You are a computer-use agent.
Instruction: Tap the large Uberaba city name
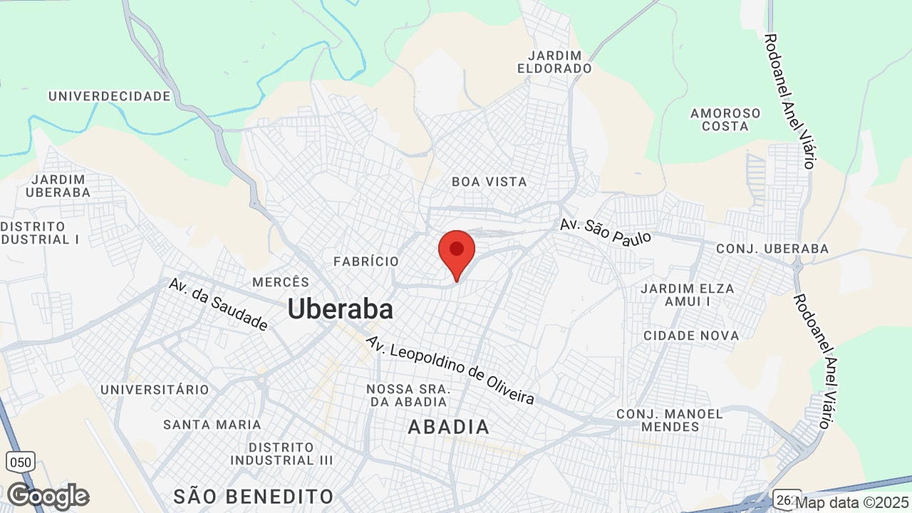tap(340, 309)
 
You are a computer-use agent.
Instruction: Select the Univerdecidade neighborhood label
tap(110, 96)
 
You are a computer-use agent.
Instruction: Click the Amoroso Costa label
tap(725, 120)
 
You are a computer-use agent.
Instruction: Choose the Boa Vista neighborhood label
tap(489, 182)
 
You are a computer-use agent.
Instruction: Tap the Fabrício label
tap(366, 261)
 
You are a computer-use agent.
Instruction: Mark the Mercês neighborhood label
tap(281, 282)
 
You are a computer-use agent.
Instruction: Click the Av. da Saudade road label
tap(218, 304)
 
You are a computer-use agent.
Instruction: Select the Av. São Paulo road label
tap(606, 232)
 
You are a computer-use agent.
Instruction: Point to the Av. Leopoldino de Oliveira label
tap(450, 370)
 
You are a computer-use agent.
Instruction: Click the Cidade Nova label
tap(691, 335)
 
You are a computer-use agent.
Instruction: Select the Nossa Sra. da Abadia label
tap(408, 395)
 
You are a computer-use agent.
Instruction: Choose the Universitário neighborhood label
tap(155, 390)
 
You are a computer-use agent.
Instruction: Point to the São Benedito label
tap(254, 496)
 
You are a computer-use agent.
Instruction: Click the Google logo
tap(48, 496)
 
